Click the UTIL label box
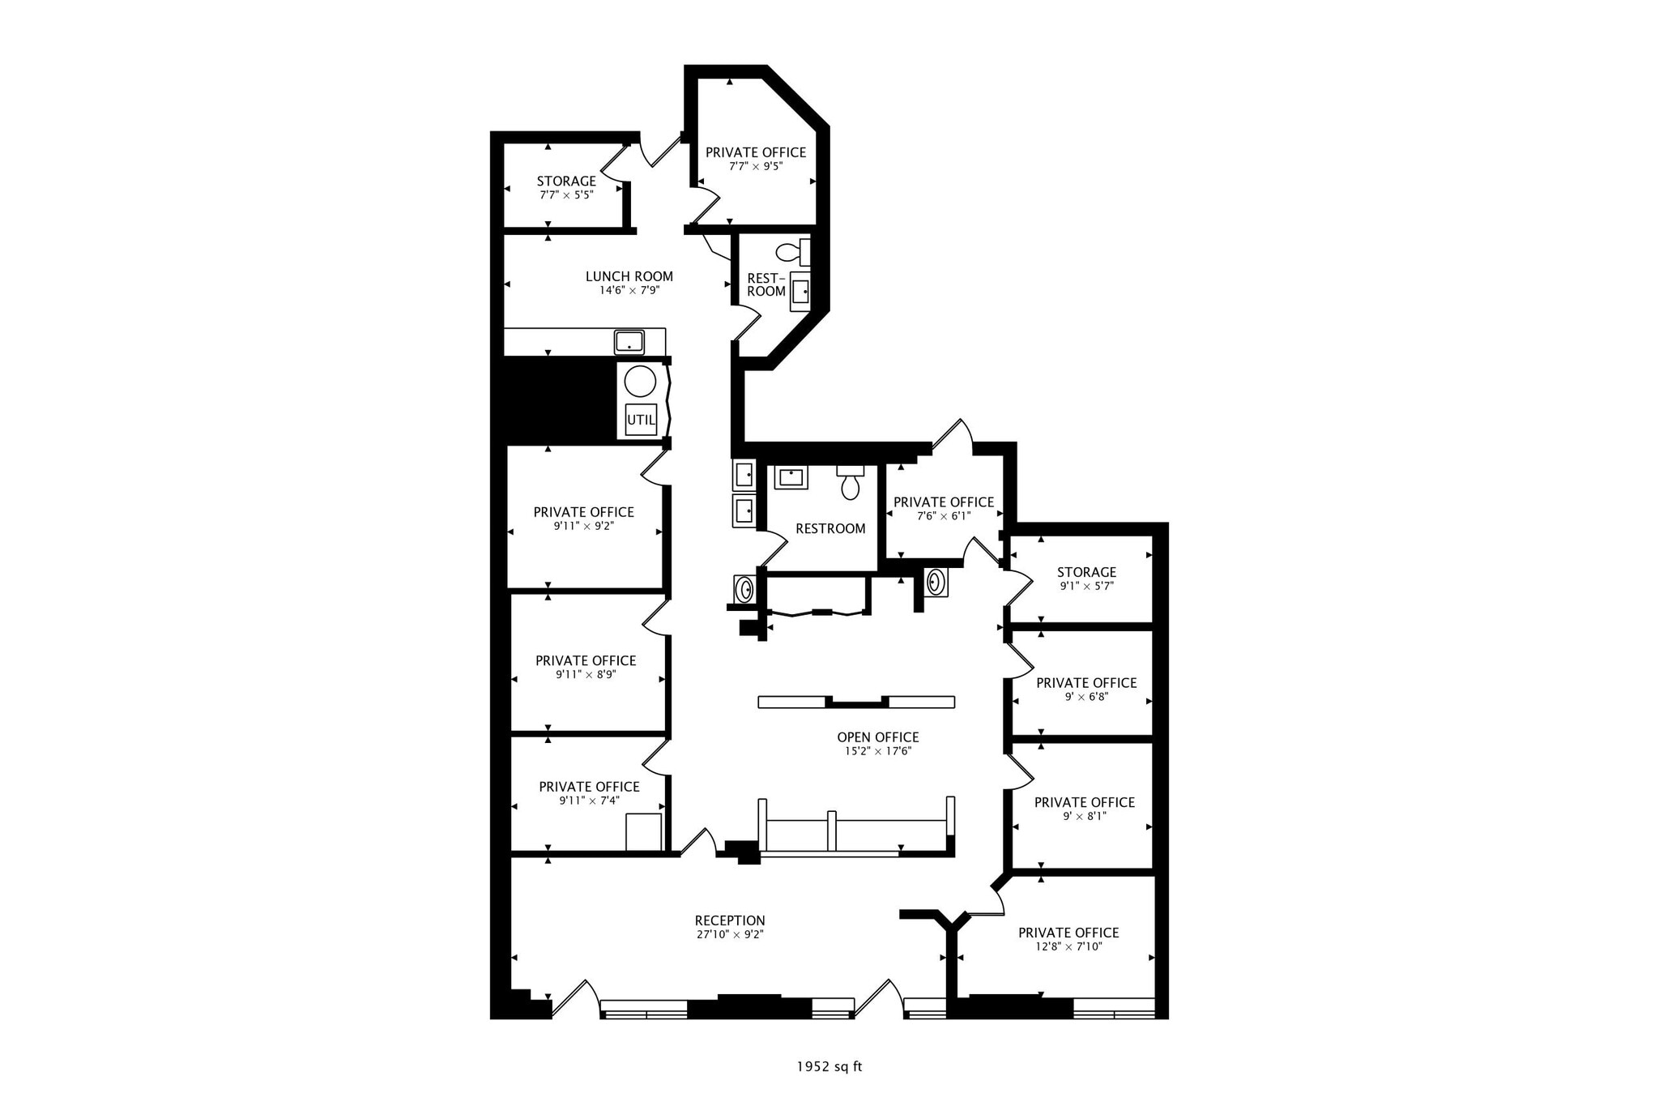click(x=641, y=421)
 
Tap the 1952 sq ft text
click(x=829, y=1066)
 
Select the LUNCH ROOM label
click(x=629, y=276)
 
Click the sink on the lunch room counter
click(x=629, y=342)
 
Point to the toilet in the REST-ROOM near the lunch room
click(x=789, y=251)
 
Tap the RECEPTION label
click(x=730, y=920)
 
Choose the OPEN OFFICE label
click(x=878, y=737)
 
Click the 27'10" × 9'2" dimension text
click(x=730, y=934)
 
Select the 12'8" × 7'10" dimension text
click(x=1068, y=946)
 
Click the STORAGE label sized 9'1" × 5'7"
click(x=1086, y=572)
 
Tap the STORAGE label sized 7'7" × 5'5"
click(x=566, y=181)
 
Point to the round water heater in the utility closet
click(x=641, y=382)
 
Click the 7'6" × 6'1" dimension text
click(x=944, y=516)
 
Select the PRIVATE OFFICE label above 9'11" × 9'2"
click(x=583, y=512)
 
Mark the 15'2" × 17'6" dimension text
click(x=878, y=751)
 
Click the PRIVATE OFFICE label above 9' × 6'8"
click(x=1086, y=683)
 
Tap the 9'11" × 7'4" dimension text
click(x=589, y=801)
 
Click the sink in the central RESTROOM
click(x=791, y=476)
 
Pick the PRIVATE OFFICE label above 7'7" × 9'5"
click(x=756, y=152)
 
